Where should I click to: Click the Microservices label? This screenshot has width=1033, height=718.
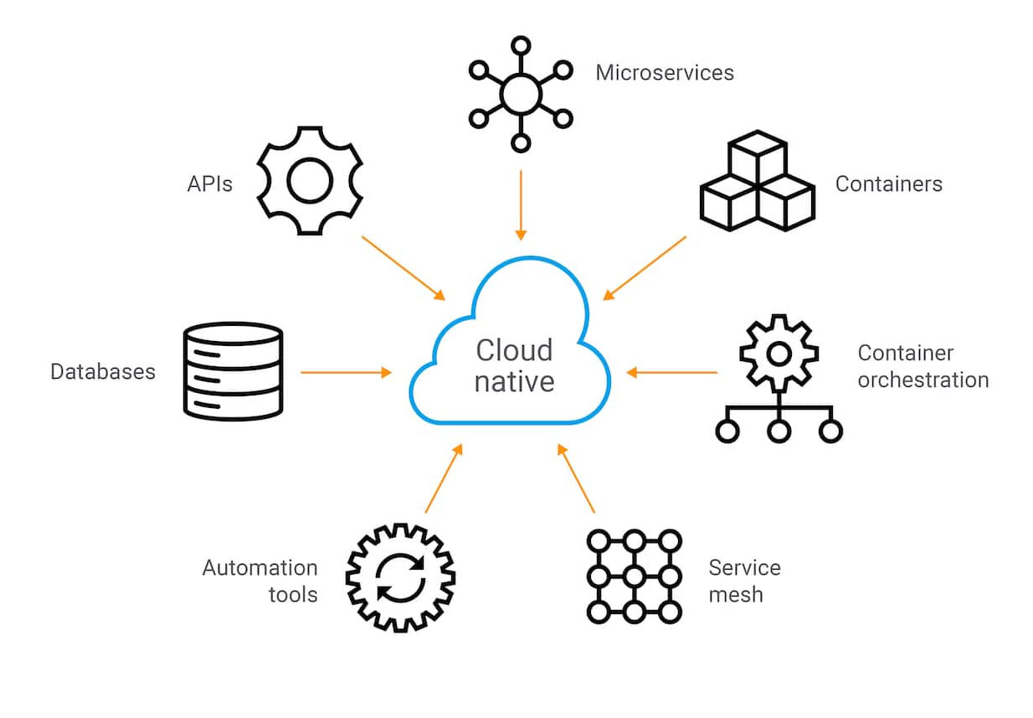(x=664, y=73)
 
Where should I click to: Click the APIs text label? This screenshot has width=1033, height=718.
(x=209, y=183)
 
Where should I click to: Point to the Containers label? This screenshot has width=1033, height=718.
(x=888, y=183)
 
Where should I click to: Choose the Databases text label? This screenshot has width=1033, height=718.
(x=103, y=371)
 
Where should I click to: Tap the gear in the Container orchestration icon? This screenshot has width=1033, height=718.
(x=779, y=354)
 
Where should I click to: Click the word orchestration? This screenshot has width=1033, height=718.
(x=923, y=380)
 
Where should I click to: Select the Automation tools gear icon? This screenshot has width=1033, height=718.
(x=400, y=577)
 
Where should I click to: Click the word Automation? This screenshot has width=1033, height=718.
(x=260, y=567)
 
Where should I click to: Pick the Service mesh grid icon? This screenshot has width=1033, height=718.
(x=634, y=576)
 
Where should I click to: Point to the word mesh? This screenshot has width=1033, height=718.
(x=736, y=594)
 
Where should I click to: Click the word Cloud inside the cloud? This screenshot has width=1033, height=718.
(x=514, y=349)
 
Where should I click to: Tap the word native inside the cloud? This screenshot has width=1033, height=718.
(x=514, y=381)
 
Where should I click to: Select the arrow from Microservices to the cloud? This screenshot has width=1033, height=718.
(x=521, y=205)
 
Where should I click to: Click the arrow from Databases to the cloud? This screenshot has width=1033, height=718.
(x=346, y=371)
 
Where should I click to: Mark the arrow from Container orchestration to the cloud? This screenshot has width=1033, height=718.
(x=672, y=371)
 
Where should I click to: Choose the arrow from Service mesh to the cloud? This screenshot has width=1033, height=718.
(x=577, y=479)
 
